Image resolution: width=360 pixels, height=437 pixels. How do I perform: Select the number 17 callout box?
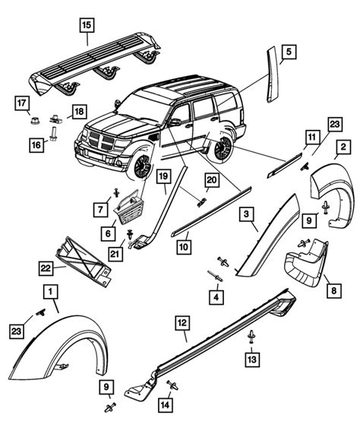(22, 102)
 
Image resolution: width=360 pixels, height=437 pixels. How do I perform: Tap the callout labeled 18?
(79, 112)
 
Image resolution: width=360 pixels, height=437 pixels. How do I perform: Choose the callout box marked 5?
(289, 52)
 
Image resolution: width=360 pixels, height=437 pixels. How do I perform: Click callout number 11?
(311, 138)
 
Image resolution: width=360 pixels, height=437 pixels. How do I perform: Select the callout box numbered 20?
(213, 179)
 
